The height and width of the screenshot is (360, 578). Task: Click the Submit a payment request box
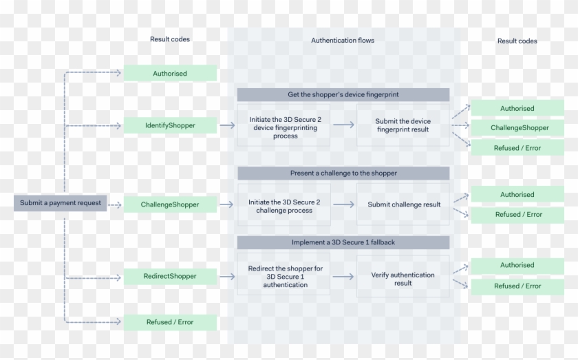coord(61,202)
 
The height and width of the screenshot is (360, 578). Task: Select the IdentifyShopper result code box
coord(170,125)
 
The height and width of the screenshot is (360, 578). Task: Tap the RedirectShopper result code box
coord(170,276)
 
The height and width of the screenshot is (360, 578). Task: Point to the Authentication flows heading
coord(343,41)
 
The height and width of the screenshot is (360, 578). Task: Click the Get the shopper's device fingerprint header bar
coord(343,94)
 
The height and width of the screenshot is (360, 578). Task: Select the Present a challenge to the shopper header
coord(343,173)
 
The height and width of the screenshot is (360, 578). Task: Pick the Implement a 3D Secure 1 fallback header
coord(343,242)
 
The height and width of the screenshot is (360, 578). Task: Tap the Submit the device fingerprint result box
coord(403,126)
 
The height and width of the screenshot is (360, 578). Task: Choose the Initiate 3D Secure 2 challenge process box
coord(284,205)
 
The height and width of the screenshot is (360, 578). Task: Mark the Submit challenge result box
coord(403,204)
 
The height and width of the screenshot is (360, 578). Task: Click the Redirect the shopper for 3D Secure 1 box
coord(284,276)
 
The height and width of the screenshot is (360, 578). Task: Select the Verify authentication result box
coord(403,278)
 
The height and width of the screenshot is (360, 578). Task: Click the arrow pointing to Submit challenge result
coord(343,204)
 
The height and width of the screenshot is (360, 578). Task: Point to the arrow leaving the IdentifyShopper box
coord(227,126)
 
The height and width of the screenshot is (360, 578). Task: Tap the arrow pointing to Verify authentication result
coord(343,276)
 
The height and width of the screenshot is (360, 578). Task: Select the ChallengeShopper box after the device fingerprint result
coord(518,127)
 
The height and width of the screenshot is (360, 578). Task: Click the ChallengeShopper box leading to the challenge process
coord(170,204)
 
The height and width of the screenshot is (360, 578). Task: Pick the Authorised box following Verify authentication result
coord(517,265)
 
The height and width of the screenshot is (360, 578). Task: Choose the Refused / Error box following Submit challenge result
coord(518,214)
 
